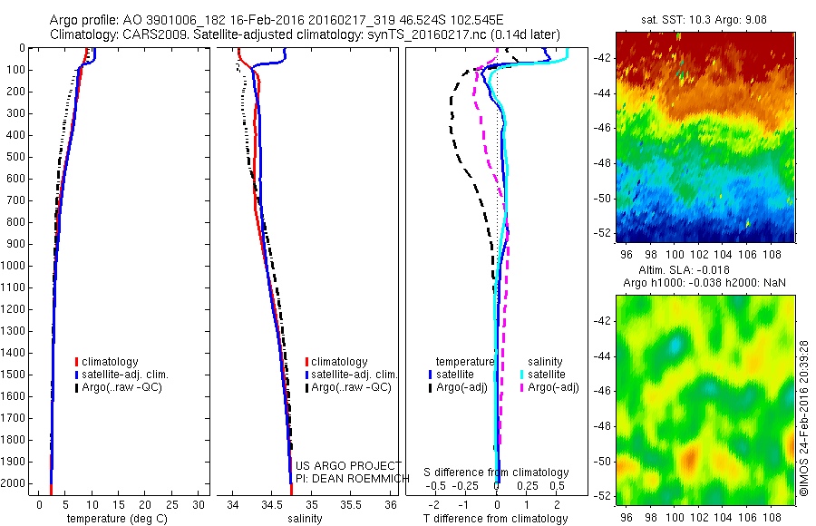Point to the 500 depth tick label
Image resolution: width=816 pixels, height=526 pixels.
[17, 157]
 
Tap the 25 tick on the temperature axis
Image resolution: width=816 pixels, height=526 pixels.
[172, 503]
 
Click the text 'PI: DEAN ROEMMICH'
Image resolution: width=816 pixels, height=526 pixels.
[347, 478]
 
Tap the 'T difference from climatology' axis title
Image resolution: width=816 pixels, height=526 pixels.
[496, 519]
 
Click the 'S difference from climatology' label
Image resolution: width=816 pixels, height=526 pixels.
[497, 472]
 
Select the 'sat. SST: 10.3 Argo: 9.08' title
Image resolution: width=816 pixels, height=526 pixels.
[703, 19]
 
